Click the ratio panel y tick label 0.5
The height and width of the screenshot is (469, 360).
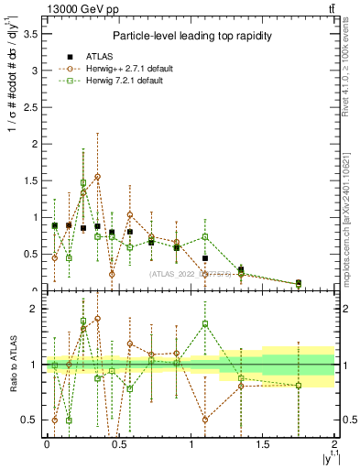pos(29,420)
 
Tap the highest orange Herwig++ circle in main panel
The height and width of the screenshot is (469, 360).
pos(97,176)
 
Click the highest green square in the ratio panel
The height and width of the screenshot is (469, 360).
pos(83,322)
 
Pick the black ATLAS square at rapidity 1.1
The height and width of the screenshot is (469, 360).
pos(205,258)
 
